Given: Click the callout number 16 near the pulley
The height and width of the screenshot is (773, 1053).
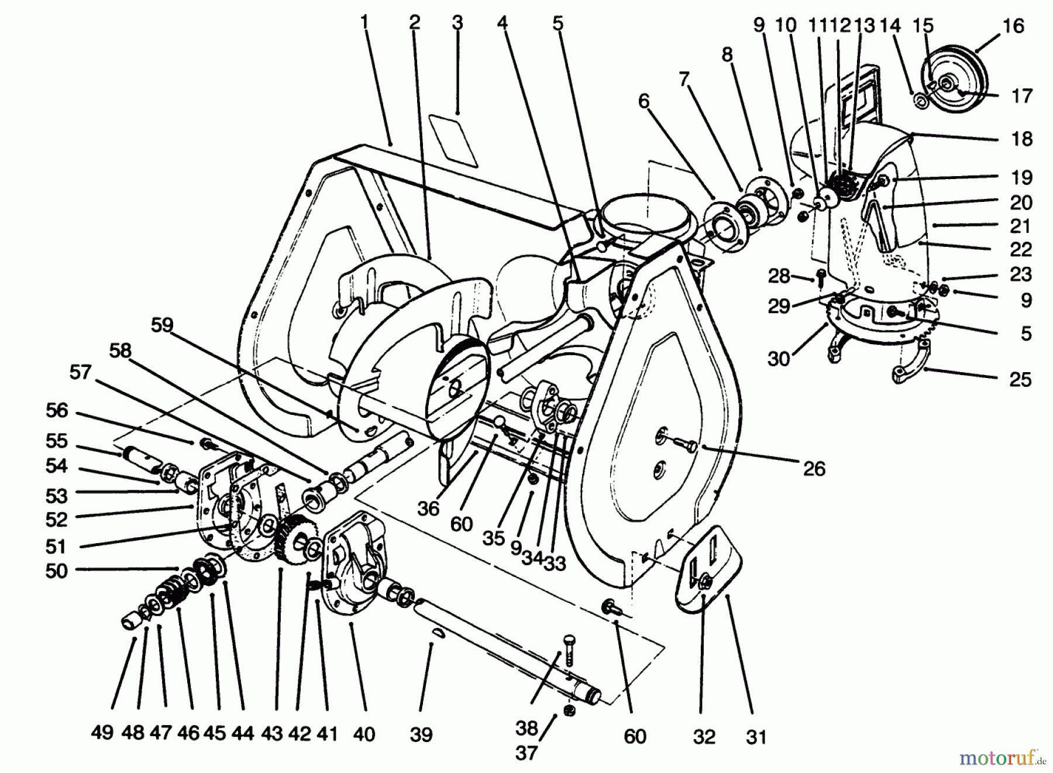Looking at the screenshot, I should (1013, 26).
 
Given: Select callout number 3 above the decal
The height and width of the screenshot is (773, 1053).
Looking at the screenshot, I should (457, 23).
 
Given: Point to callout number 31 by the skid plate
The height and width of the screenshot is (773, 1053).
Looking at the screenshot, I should (756, 737).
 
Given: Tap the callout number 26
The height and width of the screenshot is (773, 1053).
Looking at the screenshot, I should (814, 468).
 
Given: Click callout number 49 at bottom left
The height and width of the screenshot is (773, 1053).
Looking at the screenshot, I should (102, 732).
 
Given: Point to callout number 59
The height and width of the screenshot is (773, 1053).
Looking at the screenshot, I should (162, 325).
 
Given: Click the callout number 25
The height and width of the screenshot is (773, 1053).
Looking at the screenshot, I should (1020, 379).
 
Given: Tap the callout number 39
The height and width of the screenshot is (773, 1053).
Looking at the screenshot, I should (421, 734).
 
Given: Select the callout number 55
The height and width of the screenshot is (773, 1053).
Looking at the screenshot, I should (57, 441).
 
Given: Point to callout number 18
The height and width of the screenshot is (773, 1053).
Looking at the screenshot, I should (1021, 139).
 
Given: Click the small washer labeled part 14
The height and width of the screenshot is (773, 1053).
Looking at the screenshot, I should (920, 102).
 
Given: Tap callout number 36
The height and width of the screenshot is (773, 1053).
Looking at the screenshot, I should (428, 509).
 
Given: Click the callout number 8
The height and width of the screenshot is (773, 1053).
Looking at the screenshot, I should (727, 55).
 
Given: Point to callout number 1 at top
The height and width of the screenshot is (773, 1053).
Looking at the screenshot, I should (364, 23).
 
